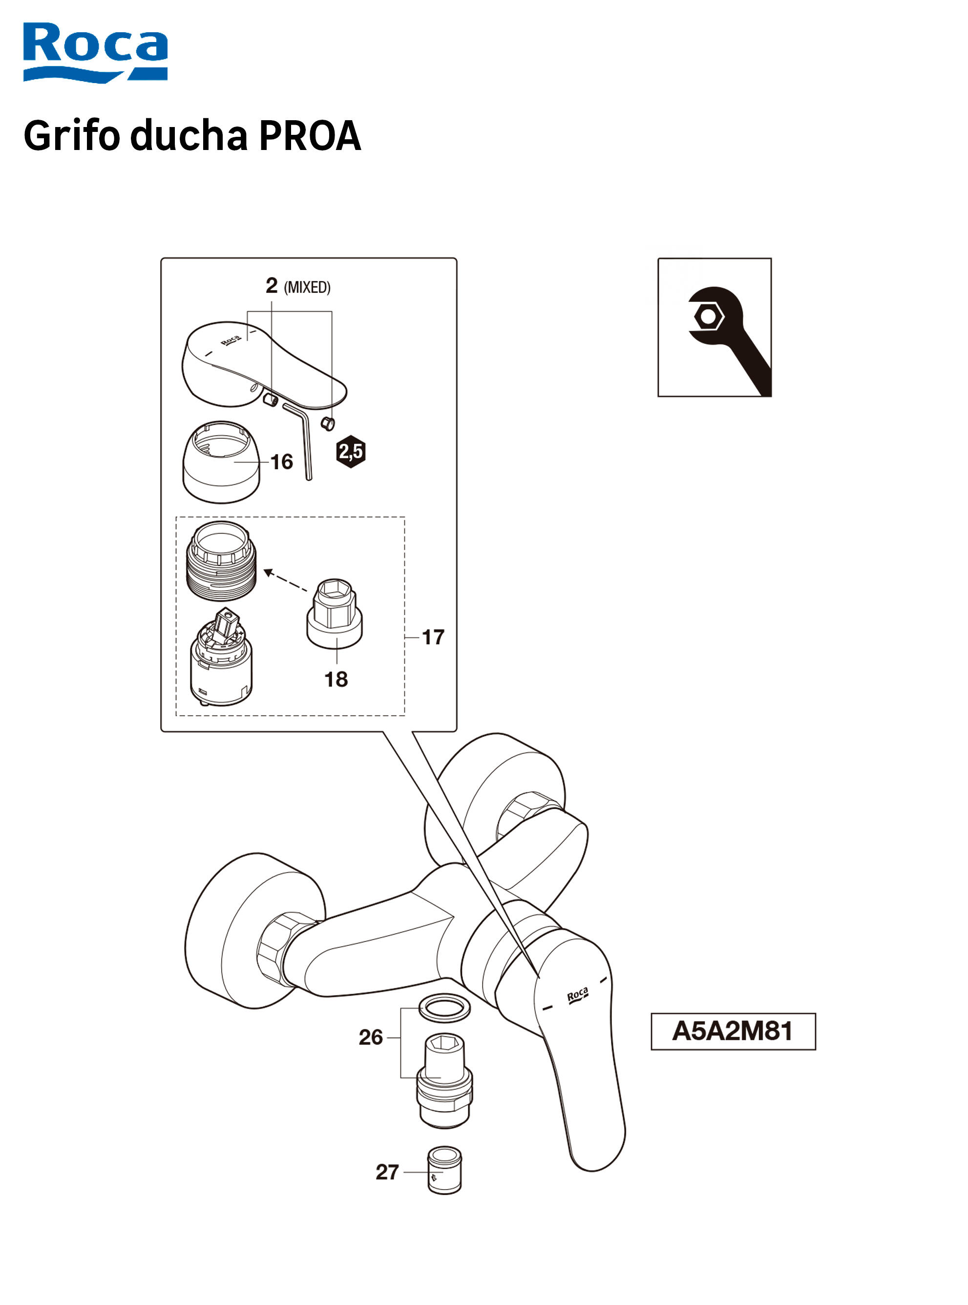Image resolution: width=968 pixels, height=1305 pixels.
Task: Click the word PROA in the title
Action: coord(309,135)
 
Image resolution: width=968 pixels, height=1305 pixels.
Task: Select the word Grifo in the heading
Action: coord(71,135)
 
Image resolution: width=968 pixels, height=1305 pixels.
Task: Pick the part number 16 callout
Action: coord(282,462)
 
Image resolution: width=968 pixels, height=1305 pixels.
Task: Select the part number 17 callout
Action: coord(433,637)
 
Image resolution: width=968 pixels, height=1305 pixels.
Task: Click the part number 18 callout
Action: coord(336,680)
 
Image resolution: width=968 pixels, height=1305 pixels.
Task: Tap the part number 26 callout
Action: coord(371,1038)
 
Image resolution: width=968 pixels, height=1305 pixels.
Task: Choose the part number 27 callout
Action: coord(387,1173)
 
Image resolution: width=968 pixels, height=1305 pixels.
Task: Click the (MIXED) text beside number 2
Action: coord(307,287)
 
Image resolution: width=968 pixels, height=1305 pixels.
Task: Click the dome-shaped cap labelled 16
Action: coord(222,463)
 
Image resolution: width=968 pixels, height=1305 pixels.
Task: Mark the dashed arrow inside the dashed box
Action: coord(286,580)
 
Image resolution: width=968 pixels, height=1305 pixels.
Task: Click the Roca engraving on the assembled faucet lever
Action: coord(577,995)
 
